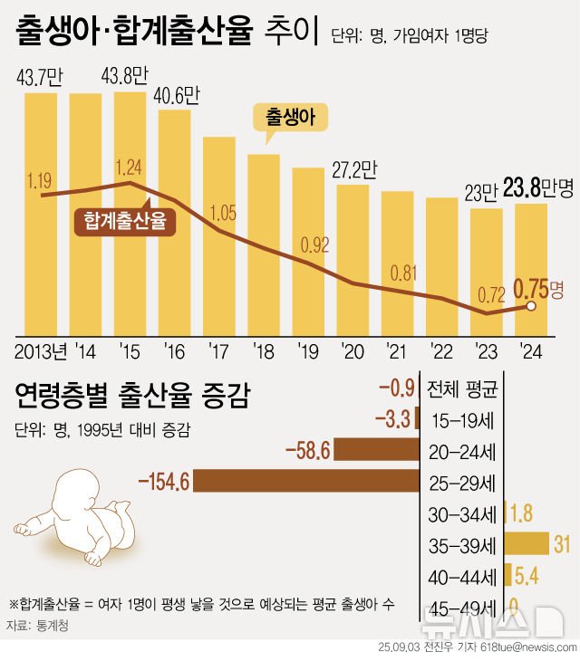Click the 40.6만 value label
coord(176,95)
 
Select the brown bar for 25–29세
coord(306,482)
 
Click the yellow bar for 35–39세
coord(527,543)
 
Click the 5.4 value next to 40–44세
coord(526,574)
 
